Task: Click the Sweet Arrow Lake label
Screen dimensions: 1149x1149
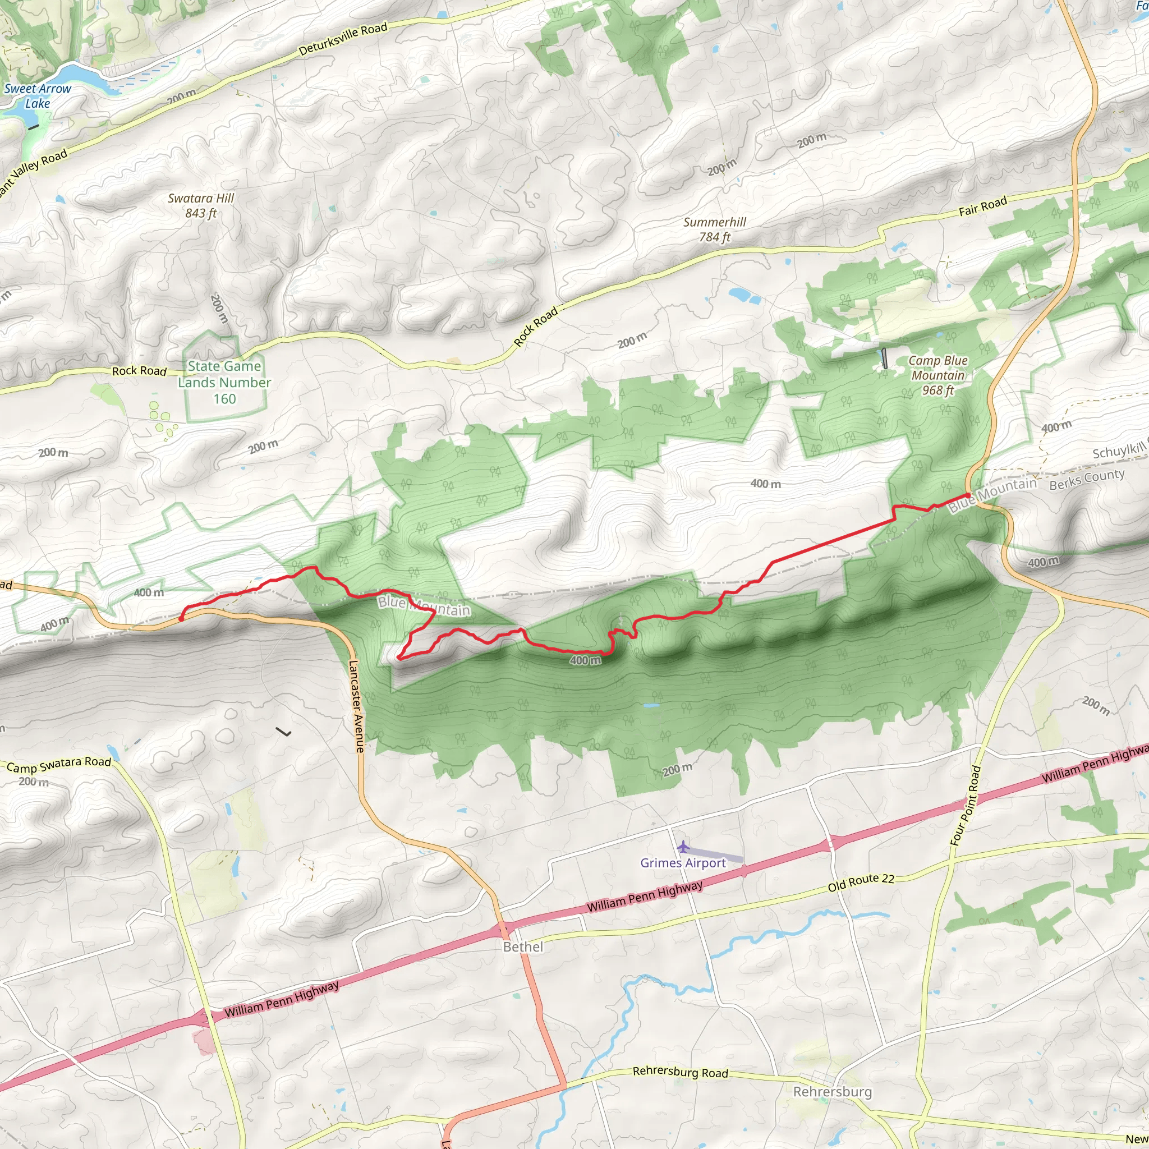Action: point(37,96)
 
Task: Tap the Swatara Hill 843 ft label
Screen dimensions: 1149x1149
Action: point(200,206)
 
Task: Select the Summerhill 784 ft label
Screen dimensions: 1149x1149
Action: point(714,229)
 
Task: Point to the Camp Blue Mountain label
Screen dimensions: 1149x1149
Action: point(938,375)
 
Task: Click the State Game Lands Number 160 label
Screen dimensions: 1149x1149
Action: point(224,383)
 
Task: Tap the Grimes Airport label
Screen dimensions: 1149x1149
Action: point(683,863)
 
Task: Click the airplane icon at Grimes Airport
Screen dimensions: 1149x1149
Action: point(683,847)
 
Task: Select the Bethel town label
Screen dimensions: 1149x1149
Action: point(523,947)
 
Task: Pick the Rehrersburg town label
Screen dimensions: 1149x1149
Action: point(832,1092)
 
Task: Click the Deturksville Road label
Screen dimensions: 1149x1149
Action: point(343,39)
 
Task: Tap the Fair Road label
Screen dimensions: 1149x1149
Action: point(982,206)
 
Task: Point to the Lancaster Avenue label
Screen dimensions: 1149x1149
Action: point(356,706)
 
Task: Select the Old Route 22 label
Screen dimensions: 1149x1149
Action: point(861,883)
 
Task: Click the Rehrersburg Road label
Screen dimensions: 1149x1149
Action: point(681,1072)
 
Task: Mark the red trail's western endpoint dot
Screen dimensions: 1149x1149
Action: point(181,618)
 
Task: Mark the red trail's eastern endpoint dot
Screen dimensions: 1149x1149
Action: point(968,495)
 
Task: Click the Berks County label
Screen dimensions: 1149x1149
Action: point(1087,480)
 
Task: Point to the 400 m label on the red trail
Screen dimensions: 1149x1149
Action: point(585,660)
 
